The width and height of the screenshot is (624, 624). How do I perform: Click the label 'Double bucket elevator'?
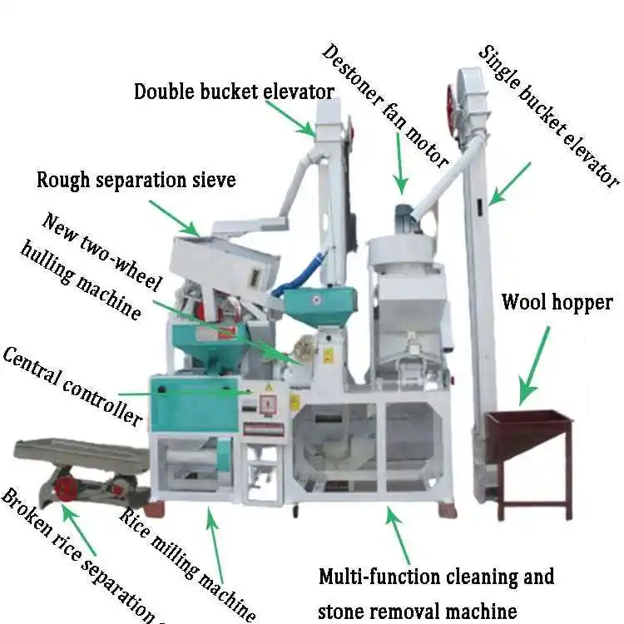pos(234,91)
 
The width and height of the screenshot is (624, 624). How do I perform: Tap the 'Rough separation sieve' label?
pos(136,179)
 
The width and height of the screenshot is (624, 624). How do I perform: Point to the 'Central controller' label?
pos(72,387)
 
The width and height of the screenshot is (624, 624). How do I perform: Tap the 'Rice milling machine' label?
pos(187,562)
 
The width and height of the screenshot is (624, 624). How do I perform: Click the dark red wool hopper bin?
pos(527,433)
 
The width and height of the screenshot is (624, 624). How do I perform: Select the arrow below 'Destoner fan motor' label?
pos(400,162)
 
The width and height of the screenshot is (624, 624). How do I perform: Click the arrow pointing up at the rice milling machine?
pos(214,542)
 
